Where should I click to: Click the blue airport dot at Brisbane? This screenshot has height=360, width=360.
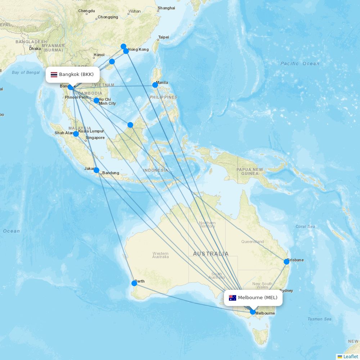click(287, 262)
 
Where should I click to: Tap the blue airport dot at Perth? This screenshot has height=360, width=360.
click(134, 283)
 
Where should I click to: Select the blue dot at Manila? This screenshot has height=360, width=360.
click(155, 85)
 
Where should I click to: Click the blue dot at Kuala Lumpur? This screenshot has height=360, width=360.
click(76, 134)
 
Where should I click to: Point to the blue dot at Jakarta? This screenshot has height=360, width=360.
click(96, 170)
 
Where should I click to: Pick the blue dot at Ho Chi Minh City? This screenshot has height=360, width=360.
click(96, 100)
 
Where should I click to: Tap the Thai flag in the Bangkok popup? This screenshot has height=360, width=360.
click(54, 75)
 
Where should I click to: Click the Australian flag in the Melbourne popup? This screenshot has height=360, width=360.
click(233, 298)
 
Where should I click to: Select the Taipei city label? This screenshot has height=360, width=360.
click(164, 37)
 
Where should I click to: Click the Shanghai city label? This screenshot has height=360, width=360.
click(166, 8)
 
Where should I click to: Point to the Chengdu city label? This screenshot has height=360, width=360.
click(87, 11)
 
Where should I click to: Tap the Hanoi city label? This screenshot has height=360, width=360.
click(99, 55)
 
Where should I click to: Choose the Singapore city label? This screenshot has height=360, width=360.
click(95, 138)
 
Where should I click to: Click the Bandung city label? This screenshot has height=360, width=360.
click(111, 173)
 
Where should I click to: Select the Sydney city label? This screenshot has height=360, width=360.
click(286, 291)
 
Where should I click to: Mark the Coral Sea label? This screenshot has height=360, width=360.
click(305, 226)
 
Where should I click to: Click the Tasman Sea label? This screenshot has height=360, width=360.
click(320, 319)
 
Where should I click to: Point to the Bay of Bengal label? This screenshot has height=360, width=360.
click(26, 72)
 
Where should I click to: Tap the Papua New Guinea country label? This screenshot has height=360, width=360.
click(250, 171)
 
